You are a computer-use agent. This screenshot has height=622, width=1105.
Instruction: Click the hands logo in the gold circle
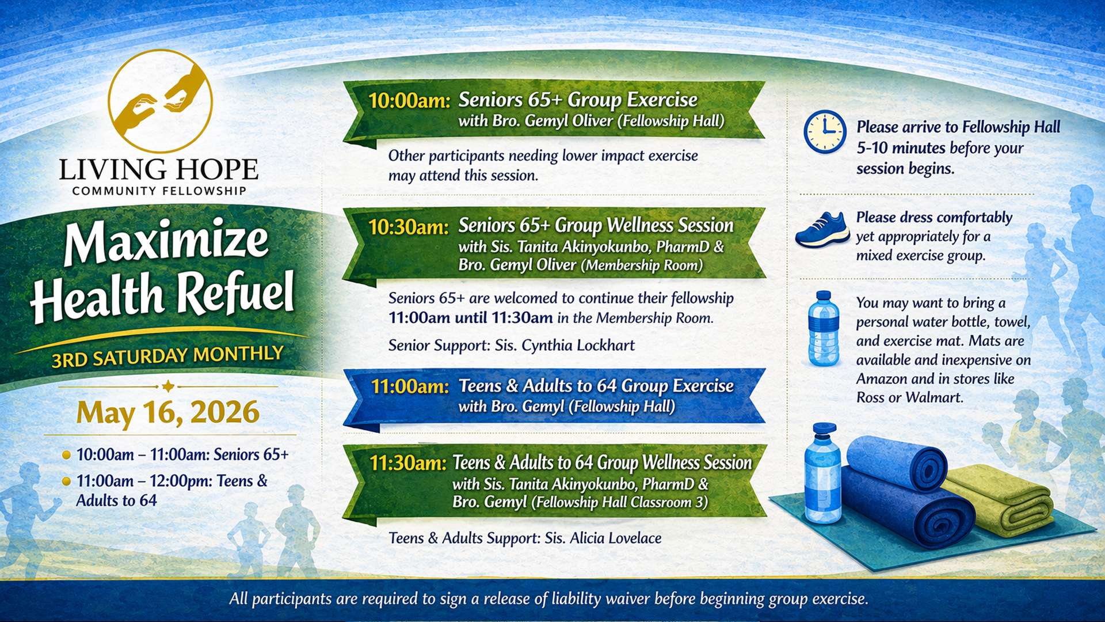click(161, 101)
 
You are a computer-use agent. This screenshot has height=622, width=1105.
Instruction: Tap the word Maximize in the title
click(166, 242)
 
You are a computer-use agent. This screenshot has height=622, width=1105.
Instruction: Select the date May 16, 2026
click(168, 412)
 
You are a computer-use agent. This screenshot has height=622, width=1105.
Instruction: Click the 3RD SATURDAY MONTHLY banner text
click(167, 356)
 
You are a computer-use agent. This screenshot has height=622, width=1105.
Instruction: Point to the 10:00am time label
click(409, 101)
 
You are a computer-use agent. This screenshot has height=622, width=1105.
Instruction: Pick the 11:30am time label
click(408, 463)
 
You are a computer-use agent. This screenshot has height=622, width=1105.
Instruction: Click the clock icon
click(825, 132)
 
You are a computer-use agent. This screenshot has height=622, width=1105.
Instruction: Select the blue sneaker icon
click(822, 229)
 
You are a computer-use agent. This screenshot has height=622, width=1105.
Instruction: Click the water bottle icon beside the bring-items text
click(824, 328)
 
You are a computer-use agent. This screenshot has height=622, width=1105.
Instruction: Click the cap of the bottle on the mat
click(824, 430)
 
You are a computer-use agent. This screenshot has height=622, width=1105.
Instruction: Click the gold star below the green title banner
click(168, 386)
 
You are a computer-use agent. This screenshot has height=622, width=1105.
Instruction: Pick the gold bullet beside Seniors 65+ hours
click(66, 455)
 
